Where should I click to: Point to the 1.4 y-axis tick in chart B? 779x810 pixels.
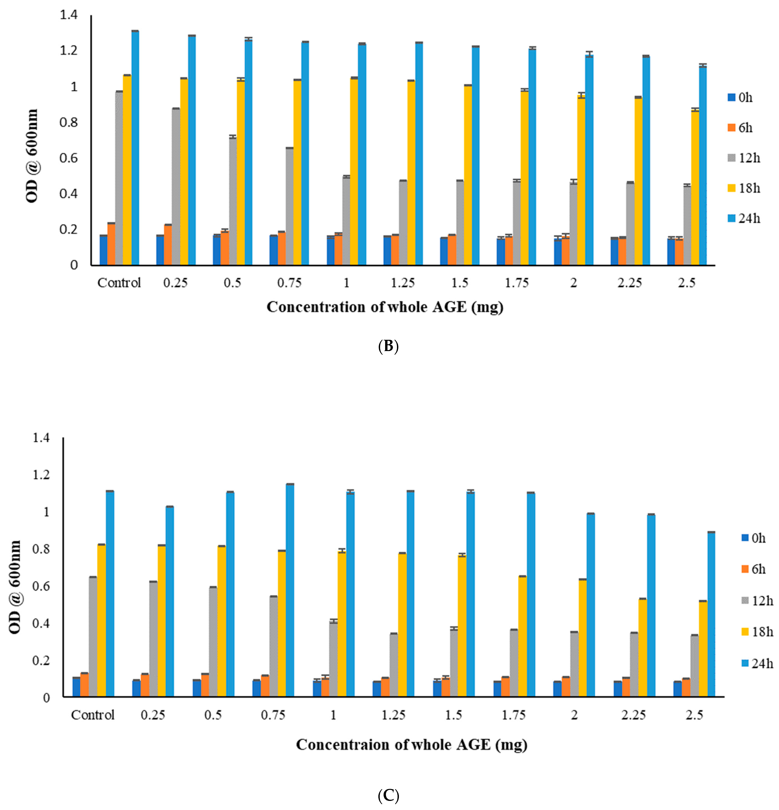[69, 15]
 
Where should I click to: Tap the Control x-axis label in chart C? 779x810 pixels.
[93, 715]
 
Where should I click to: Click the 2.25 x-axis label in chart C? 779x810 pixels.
[633, 715]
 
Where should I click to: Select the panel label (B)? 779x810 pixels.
[388, 346]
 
